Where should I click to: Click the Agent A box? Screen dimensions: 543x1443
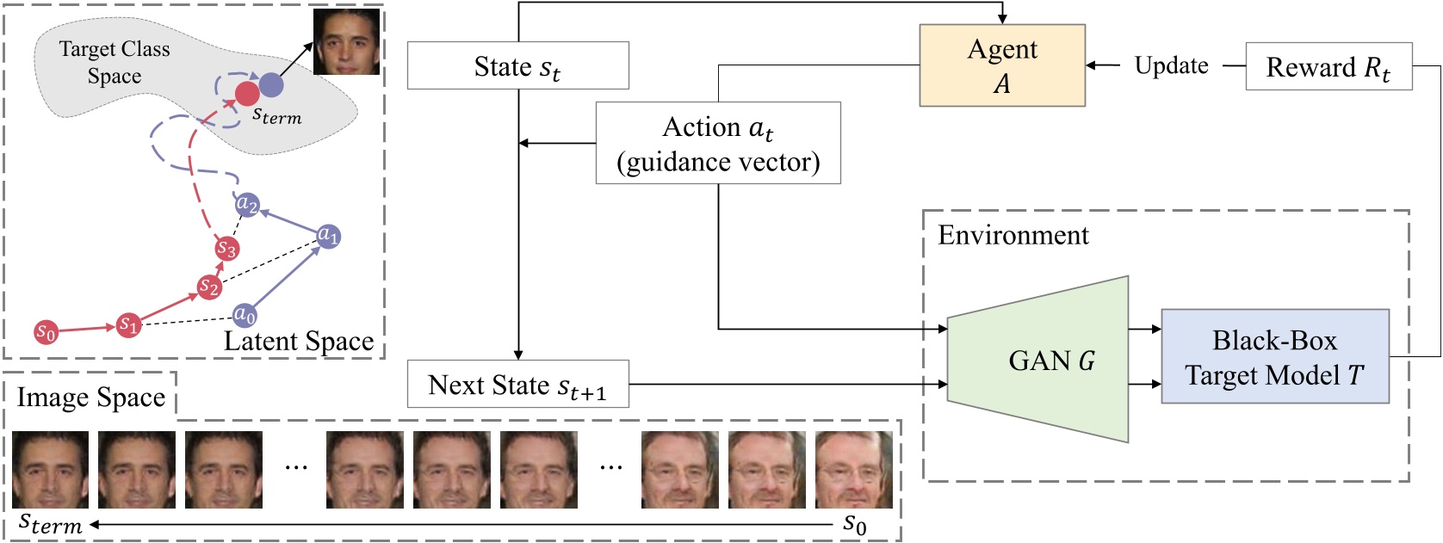(x=1001, y=65)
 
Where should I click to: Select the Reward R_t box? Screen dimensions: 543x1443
(x=1328, y=66)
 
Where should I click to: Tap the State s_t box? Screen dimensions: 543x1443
(x=517, y=65)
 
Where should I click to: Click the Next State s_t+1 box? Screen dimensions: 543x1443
(x=517, y=384)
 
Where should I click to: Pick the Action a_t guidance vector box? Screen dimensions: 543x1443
(x=717, y=143)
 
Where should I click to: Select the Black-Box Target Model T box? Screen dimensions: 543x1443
(x=1274, y=356)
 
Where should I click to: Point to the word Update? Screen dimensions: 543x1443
(x=1171, y=65)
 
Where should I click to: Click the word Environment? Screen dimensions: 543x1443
(x=1013, y=235)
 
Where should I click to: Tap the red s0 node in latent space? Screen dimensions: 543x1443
(x=46, y=332)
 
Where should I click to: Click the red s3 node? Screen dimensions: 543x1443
(x=226, y=249)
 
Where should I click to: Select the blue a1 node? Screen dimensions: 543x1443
(x=328, y=235)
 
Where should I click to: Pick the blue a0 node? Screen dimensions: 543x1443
(x=245, y=315)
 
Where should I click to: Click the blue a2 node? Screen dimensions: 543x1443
(x=247, y=204)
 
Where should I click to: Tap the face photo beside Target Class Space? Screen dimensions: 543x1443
(x=346, y=41)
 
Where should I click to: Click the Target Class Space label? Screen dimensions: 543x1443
(x=115, y=62)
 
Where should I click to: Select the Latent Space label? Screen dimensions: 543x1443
(x=298, y=342)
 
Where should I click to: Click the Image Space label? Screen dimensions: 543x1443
(x=90, y=398)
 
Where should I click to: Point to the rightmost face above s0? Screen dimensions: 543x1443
(x=853, y=470)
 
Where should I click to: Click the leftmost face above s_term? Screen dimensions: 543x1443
(x=50, y=470)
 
